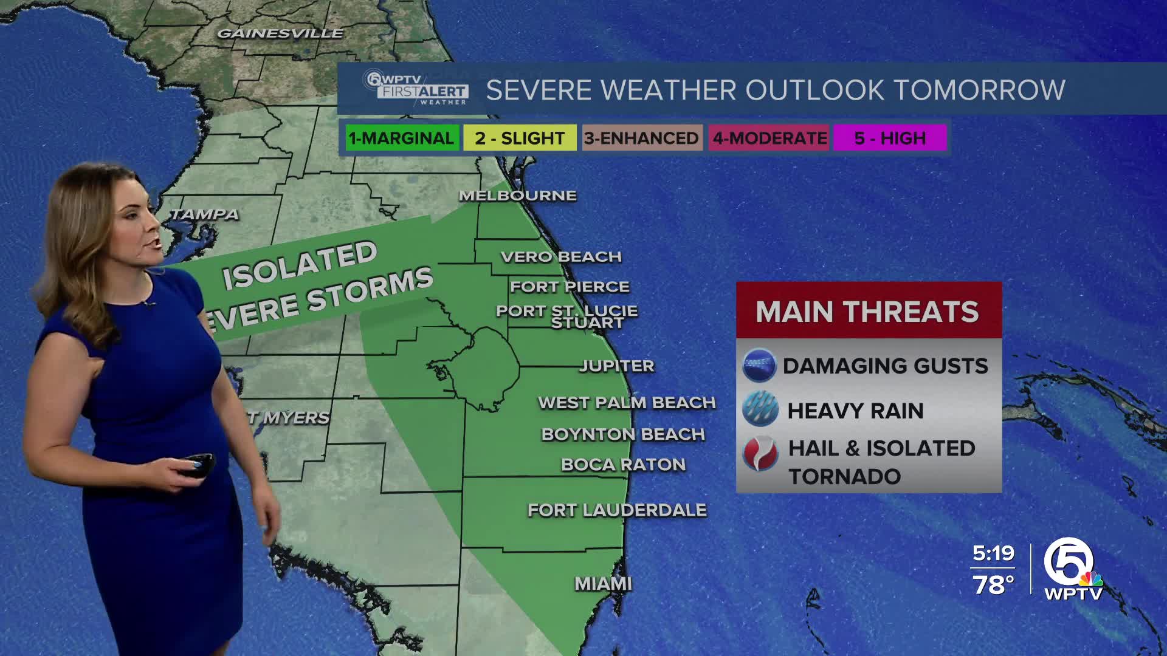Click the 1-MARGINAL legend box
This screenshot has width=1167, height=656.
click(402, 138)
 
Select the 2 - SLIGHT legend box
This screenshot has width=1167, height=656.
click(520, 138)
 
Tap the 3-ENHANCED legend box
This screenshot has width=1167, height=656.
click(642, 138)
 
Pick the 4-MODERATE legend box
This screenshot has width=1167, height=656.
click(769, 138)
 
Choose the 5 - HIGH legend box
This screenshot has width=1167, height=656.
click(890, 138)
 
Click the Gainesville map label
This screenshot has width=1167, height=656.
click(280, 33)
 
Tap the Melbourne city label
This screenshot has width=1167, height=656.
click(518, 196)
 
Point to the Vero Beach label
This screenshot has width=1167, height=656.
click(561, 257)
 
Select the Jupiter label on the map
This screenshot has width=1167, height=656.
click(617, 366)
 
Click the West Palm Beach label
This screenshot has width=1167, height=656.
click(627, 403)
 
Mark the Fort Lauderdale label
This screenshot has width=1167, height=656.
click(617, 510)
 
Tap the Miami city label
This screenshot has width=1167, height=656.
click(604, 584)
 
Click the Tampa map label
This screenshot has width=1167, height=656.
click(204, 214)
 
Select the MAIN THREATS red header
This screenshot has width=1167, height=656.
click(868, 311)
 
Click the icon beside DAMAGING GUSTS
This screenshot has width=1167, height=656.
click(760, 366)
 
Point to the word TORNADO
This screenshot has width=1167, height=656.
click(845, 477)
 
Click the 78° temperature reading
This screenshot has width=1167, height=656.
click(993, 585)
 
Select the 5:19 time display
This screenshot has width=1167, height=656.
click(993, 553)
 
